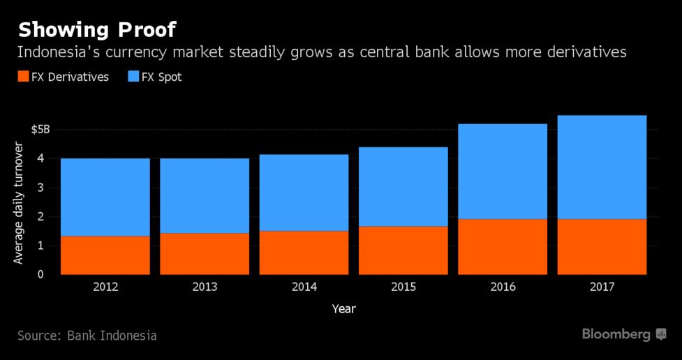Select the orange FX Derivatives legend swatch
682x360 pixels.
22,77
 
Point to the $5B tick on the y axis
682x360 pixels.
40,130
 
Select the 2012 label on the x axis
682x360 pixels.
105,287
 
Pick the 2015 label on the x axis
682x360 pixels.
403,287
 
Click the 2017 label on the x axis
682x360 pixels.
602,287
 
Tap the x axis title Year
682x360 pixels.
343,308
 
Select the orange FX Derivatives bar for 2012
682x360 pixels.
105,255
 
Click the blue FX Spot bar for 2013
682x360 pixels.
205,195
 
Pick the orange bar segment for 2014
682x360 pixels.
304,253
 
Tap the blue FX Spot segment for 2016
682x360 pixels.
503,171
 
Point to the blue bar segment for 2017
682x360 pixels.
602,167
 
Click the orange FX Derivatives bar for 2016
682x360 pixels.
503,246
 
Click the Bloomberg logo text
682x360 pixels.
616,335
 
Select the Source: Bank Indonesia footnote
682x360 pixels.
87,336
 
